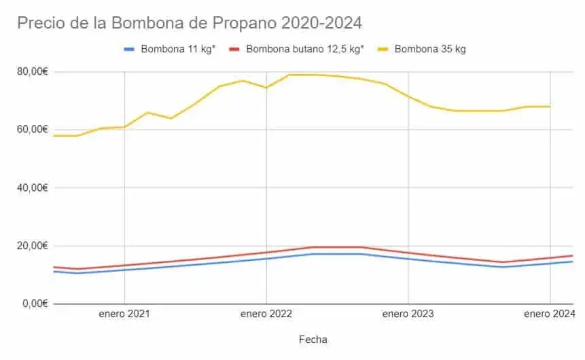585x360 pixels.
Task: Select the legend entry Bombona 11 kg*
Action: pos(178,49)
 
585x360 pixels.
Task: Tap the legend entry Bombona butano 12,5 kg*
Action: pos(304,49)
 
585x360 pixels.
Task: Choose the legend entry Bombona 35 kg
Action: pos(430,49)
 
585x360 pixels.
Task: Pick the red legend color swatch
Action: pos(234,49)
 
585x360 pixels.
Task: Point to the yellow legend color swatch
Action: pos(383,49)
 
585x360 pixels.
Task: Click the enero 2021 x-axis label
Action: pos(124,314)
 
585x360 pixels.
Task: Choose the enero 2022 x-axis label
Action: pos(266,314)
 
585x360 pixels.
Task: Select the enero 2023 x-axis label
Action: pos(408,314)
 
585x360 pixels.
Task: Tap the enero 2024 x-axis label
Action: pos(549,314)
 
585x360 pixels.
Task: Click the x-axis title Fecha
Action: pos(313,339)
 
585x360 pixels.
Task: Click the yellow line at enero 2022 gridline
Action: pos(266,87)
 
